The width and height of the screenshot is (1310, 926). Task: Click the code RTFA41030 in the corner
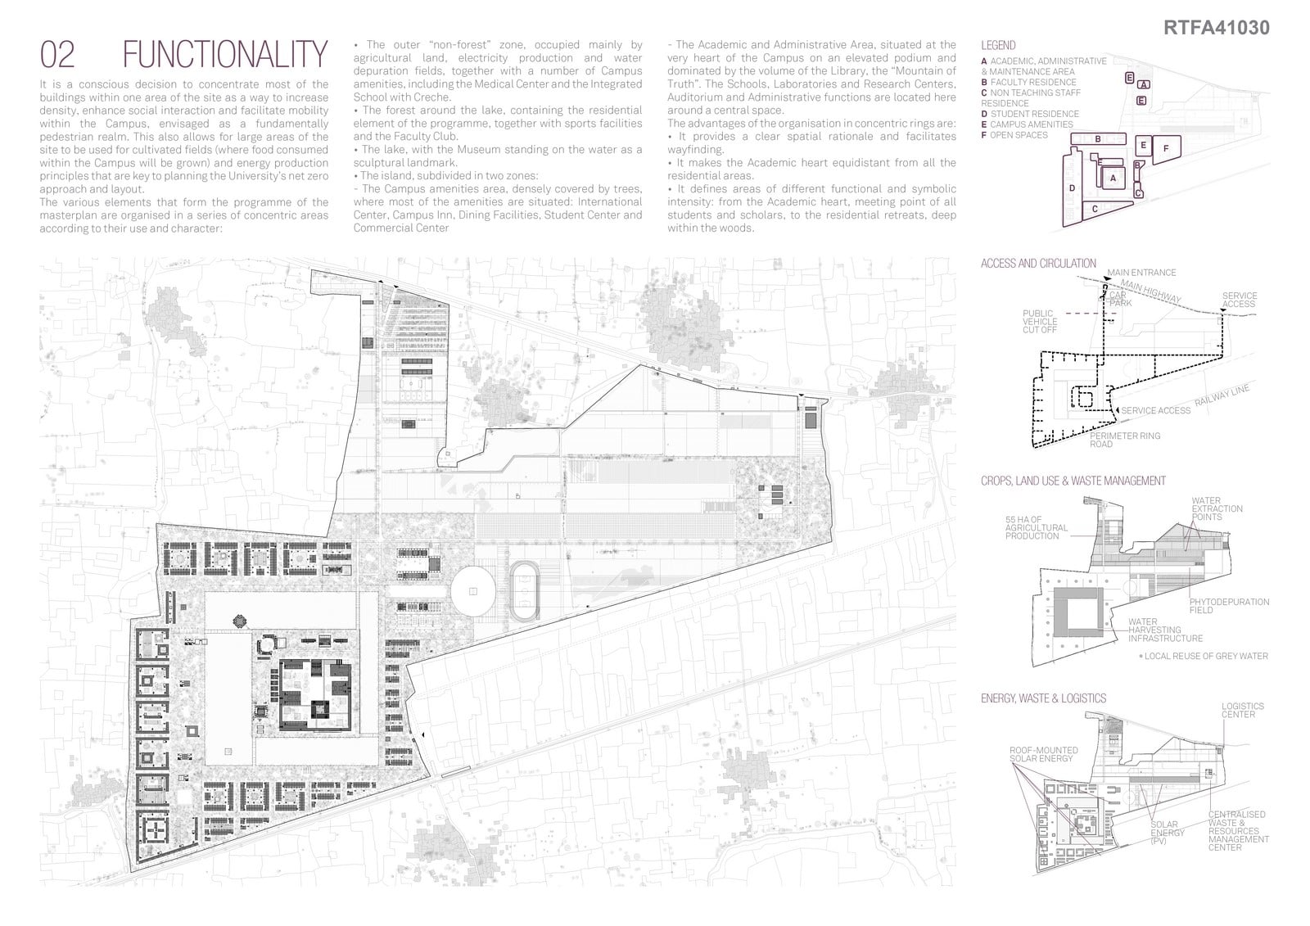click(x=1216, y=28)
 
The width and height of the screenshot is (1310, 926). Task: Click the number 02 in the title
click(x=57, y=54)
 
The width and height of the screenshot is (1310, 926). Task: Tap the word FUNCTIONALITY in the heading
click(x=225, y=54)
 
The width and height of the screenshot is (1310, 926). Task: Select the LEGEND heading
click(x=998, y=46)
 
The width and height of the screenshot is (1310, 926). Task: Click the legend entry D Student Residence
click(x=1030, y=114)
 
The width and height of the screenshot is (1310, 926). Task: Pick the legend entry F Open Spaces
click(x=1014, y=135)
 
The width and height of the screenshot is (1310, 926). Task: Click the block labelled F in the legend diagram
click(x=1166, y=149)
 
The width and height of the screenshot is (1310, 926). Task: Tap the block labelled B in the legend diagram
click(x=1098, y=138)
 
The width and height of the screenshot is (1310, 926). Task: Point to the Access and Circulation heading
click(x=1038, y=264)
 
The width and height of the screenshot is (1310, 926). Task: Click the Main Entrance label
click(x=1141, y=273)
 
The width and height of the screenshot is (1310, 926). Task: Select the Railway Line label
click(x=1222, y=395)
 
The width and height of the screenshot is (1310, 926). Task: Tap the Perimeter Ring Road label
click(x=1125, y=440)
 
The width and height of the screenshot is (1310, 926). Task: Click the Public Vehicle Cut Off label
click(x=1040, y=322)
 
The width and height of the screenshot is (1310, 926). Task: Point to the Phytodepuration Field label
click(x=1229, y=606)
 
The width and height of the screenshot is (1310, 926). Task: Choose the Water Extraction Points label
click(x=1217, y=509)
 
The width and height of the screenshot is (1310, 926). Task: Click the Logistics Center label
click(x=1242, y=710)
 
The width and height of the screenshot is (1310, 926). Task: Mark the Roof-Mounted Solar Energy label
click(x=1043, y=755)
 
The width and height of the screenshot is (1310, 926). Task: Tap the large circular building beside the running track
click(x=472, y=591)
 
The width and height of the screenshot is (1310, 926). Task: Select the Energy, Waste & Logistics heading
click(x=1043, y=698)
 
